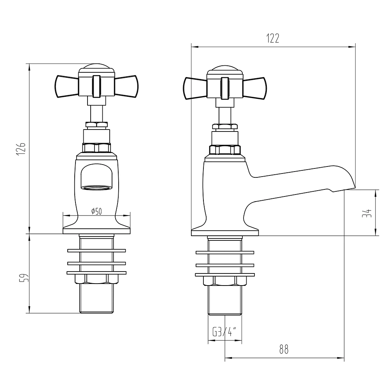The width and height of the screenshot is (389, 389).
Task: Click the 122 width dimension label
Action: (273, 38)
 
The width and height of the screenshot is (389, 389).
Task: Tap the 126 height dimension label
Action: (21, 149)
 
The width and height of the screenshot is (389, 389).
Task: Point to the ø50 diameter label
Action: (96, 211)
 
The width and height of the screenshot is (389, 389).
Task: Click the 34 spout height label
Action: (367, 213)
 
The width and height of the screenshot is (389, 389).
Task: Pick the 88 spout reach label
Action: (284, 350)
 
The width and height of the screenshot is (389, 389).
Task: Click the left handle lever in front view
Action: (67, 86)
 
